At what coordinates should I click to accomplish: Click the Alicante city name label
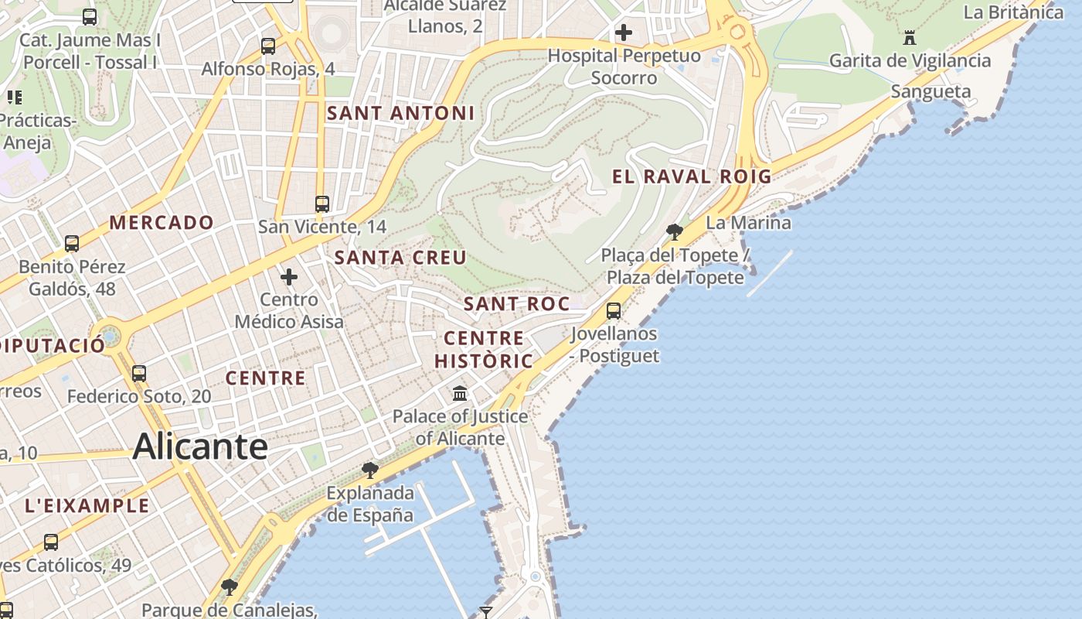pyautogui.click(x=200, y=447)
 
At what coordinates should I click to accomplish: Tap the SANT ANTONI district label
pyautogui.click(x=400, y=113)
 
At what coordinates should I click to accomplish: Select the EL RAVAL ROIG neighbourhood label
pyautogui.click(x=692, y=176)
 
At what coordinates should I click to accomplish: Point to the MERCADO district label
pyautogui.click(x=162, y=223)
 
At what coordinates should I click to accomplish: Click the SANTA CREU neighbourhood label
pyautogui.click(x=400, y=258)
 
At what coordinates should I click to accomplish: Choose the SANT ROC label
pyautogui.click(x=516, y=304)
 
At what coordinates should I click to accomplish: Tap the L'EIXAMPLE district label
pyautogui.click(x=87, y=506)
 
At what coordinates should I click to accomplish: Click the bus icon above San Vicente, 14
pyautogui.click(x=322, y=204)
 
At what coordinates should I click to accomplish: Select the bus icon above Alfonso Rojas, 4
pyautogui.click(x=268, y=46)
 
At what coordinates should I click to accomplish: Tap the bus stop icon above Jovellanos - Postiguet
pyautogui.click(x=614, y=311)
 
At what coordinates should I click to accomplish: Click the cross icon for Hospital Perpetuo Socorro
pyautogui.click(x=624, y=32)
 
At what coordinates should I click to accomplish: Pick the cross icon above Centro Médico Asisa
pyautogui.click(x=289, y=276)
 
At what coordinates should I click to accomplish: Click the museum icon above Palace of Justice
pyautogui.click(x=461, y=394)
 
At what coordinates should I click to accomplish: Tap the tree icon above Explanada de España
pyautogui.click(x=370, y=470)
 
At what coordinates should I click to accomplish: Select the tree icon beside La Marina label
pyautogui.click(x=674, y=231)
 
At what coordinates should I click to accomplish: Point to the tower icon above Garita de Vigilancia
pyautogui.click(x=910, y=37)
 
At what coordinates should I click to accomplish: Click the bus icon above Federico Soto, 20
pyautogui.click(x=139, y=374)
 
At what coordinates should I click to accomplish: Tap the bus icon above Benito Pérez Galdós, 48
pyautogui.click(x=72, y=244)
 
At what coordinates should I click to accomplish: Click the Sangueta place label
pyautogui.click(x=931, y=92)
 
